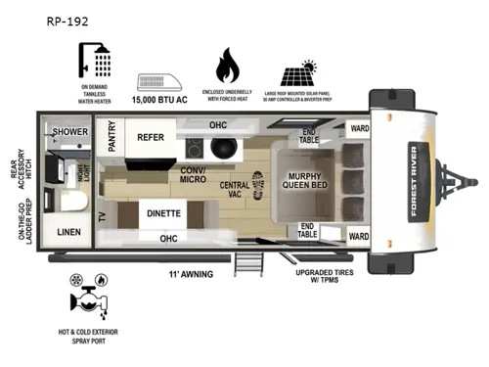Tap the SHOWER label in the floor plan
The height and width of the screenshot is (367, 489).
pos(71,131)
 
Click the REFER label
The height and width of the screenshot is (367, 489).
pos(150,138)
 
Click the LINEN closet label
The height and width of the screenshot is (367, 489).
pos(69,232)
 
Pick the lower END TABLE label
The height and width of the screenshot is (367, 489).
pos(307,230)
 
